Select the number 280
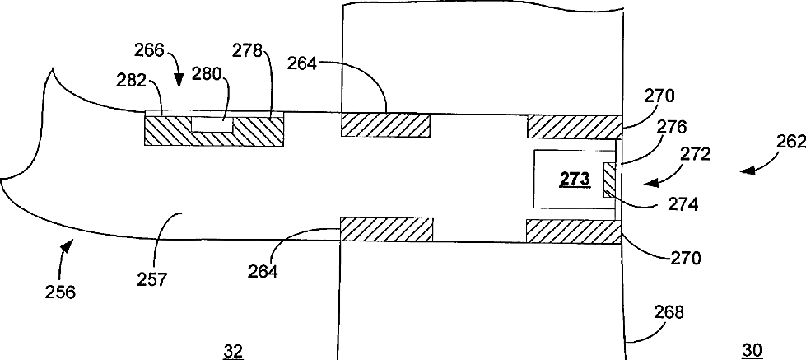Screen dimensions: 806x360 click(x=207, y=74)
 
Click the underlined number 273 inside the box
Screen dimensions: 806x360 click(x=573, y=180)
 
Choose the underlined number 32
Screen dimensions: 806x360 click(x=234, y=350)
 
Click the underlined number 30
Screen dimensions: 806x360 click(x=752, y=350)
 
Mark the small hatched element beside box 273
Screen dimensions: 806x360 click(x=610, y=180)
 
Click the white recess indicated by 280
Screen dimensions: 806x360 click(x=212, y=124)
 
